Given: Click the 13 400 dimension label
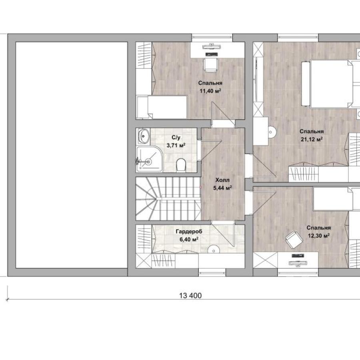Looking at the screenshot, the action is point(190,295).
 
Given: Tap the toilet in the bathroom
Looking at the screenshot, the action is point(181,165).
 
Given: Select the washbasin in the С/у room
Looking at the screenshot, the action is point(144,136).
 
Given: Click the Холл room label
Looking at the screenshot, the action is point(222,180).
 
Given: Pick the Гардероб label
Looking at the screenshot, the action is point(189,232).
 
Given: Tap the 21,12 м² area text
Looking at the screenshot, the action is point(312,139).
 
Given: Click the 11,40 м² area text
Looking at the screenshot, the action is point(210,91).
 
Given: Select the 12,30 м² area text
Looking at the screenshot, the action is point(319,236).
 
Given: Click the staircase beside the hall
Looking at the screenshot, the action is point(168,198).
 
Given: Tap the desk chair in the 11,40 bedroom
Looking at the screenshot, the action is point(210,65).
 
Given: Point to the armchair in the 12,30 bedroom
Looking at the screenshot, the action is point(294,240).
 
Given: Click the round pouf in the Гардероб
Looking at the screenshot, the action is point(214,250).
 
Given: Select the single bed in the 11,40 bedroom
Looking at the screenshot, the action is point(162,107).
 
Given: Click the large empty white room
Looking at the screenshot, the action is point(72,155).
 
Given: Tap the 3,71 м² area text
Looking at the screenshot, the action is point(176,145).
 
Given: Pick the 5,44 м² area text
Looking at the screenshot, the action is point(222,188).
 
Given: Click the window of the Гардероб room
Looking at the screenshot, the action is point(212,272).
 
